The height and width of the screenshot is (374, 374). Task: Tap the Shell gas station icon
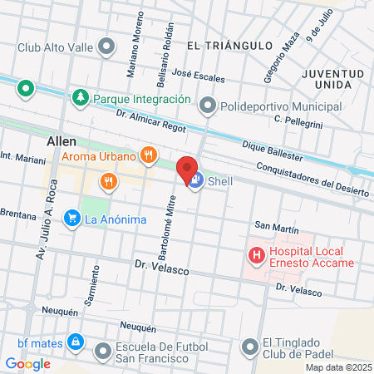click(x=196, y=181)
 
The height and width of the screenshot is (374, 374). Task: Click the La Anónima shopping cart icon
click(x=73, y=219)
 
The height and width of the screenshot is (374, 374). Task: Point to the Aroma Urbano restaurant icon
click(x=148, y=155)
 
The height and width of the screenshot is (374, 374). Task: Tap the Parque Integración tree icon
click(x=81, y=98)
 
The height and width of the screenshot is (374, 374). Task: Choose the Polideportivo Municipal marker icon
click(x=208, y=106)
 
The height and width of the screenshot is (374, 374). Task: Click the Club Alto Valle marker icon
click(x=106, y=46)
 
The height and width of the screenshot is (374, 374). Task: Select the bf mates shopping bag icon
click(x=75, y=342)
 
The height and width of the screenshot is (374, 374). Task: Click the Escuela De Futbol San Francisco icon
click(x=104, y=352)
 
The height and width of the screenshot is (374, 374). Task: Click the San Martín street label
click(x=276, y=225)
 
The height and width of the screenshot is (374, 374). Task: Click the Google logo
click(x=27, y=363)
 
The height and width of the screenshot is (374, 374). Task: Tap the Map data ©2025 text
click(x=337, y=367)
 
